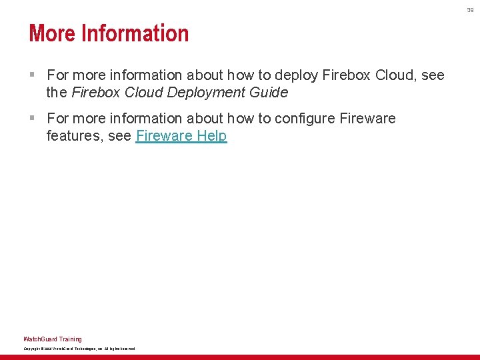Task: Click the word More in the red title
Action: tap(52, 33)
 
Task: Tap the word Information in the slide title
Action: tap(135, 33)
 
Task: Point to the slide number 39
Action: tap(470, 9)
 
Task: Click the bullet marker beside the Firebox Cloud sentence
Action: tap(32, 75)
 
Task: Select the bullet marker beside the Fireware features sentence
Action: tap(32, 119)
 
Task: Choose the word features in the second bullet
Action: tap(71, 137)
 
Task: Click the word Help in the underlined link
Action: tap(211, 137)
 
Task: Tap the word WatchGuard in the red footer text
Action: tap(40, 339)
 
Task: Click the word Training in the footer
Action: tap(70, 339)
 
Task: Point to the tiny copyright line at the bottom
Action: tap(79, 349)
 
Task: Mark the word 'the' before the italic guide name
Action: tap(57, 93)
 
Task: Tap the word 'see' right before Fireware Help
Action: tap(120, 137)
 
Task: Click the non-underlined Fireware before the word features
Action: tap(367, 119)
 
